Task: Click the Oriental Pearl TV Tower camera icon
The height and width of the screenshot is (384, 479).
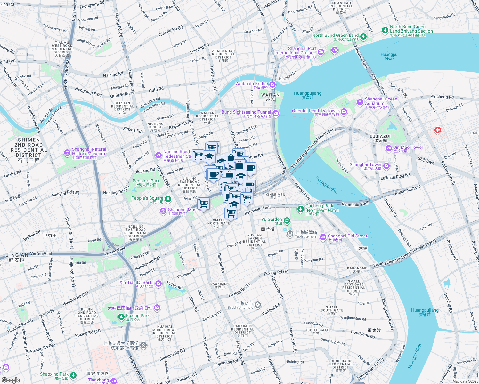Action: click(x=344, y=112)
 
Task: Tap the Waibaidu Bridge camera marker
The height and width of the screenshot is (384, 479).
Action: click(x=272, y=84)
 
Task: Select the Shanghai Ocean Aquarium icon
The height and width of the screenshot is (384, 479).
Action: click(x=360, y=102)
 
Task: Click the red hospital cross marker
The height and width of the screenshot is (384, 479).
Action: click(x=437, y=130)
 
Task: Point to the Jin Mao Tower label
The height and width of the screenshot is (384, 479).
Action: click(x=408, y=147)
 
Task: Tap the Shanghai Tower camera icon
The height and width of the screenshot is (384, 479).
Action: click(x=386, y=165)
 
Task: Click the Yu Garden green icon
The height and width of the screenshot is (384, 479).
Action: click(x=287, y=220)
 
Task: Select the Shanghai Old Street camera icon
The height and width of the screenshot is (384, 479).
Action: click(x=323, y=237)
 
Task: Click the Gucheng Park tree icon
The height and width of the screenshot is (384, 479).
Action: click(x=300, y=209)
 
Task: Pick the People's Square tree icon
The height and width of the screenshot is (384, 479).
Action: click(x=168, y=199)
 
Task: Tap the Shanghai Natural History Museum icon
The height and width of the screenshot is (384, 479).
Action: click(x=67, y=153)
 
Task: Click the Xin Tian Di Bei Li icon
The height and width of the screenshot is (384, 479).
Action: click(x=158, y=284)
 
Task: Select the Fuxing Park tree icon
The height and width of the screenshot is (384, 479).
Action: click(x=121, y=317)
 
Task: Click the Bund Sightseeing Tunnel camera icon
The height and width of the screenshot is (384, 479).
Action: click(x=276, y=113)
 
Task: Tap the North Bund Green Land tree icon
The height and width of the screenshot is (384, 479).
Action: click(x=363, y=36)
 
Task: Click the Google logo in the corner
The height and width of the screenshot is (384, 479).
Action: click(x=11, y=380)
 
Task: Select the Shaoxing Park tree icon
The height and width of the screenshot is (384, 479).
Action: click(x=73, y=375)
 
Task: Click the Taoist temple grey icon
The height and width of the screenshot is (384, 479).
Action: click(x=290, y=234)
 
